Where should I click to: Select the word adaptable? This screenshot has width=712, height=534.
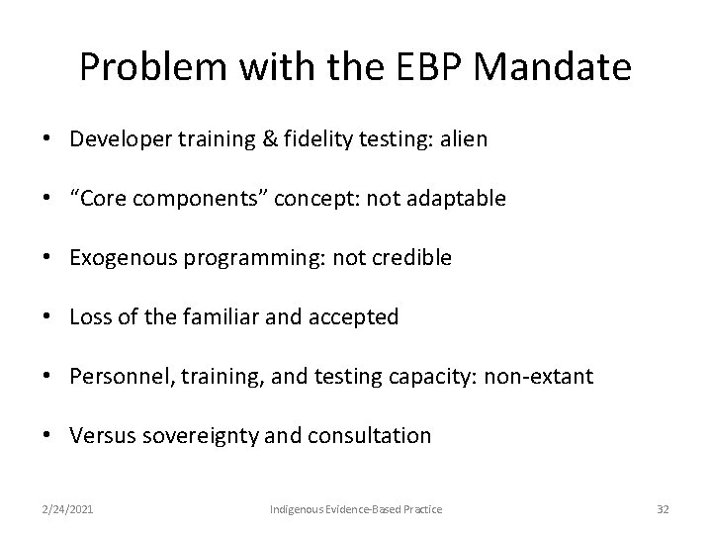coord(458,199)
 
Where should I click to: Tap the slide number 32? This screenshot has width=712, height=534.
coord(662,508)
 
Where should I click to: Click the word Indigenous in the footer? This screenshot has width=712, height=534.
coord(297,508)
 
